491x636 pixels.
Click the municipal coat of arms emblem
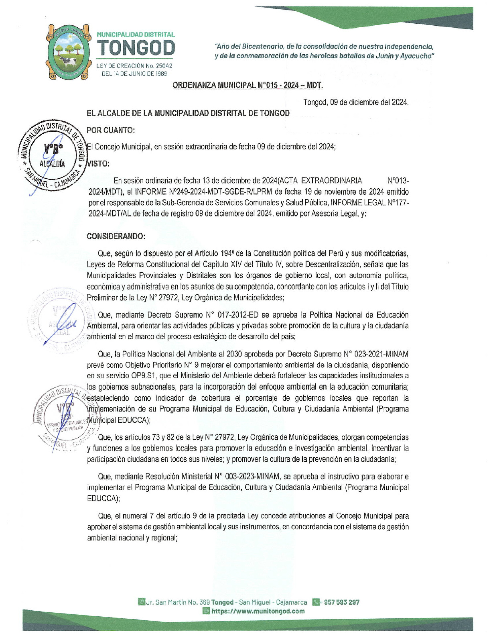point(67,51)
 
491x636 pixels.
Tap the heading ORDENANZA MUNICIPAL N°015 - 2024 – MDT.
point(248,85)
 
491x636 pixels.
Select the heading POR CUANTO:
point(111,130)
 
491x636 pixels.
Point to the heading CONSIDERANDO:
point(116,236)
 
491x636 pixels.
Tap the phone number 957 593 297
point(342,602)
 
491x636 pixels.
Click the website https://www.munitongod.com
point(258,611)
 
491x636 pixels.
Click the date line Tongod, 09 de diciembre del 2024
point(356,102)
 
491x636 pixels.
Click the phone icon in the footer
point(317,602)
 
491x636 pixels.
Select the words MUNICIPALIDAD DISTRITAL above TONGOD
point(136,35)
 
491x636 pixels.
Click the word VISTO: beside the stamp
point(98,163)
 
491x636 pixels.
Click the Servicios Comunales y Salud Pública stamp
point(63,418)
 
